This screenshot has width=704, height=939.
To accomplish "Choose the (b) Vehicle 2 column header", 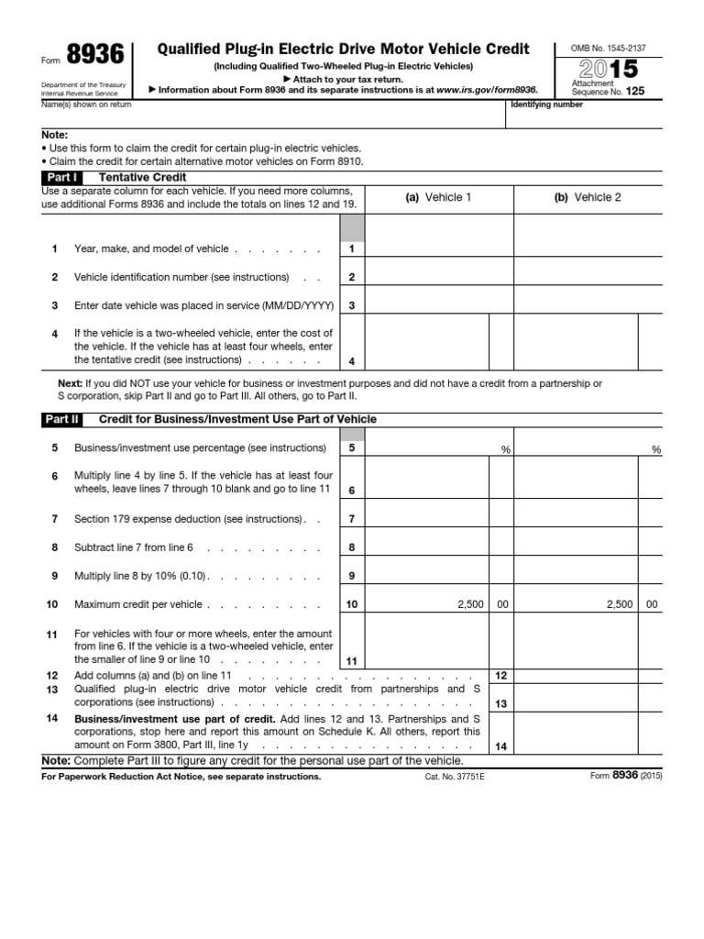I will tap(588, 198).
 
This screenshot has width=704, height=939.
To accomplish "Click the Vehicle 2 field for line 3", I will tap(588, 305).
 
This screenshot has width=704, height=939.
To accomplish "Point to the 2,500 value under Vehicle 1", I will tap(467, 605).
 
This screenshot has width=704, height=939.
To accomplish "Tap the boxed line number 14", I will tap(500, 747).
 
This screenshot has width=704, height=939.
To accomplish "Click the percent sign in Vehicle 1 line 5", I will tap(504, 449).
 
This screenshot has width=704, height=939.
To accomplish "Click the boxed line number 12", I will tap(500, 675).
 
